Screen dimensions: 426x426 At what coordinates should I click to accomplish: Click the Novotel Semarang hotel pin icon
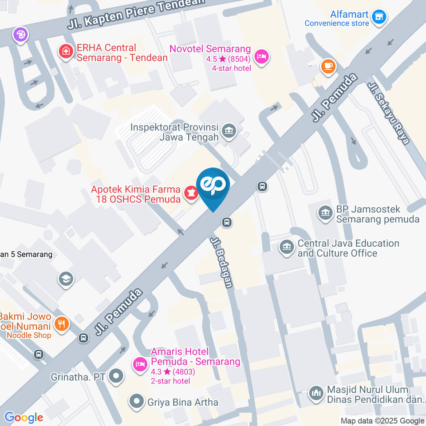coord(262,58)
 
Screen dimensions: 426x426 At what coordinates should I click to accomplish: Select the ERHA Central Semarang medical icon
coord(66,51)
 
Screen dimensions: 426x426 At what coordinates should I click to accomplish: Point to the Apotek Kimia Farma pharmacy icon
coord(191,194)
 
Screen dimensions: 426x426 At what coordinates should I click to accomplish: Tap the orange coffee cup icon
coord(328,66)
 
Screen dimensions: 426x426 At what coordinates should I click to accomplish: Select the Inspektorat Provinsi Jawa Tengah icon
coord(229,131)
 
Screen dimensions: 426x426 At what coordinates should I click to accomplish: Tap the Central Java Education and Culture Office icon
coord(287,248)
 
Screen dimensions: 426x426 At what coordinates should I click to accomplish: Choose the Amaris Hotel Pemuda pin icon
coord(140,364)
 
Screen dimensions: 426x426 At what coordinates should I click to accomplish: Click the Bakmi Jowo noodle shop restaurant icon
coord(61,324)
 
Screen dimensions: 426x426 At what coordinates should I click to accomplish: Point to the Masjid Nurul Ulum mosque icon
coord(316,394)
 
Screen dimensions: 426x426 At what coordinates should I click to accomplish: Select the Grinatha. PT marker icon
coord(117,376)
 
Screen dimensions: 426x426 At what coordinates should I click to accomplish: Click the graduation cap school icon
coord(66,279)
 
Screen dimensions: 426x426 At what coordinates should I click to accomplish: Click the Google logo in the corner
coord(24,417)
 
